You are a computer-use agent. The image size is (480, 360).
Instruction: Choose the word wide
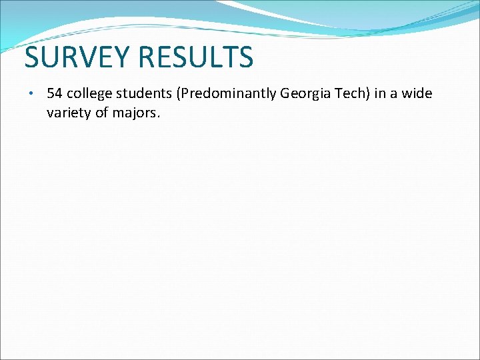417,93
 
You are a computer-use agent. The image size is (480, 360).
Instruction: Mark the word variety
68,113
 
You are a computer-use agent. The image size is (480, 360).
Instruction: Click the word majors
135,113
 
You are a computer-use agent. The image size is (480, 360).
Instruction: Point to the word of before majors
102,113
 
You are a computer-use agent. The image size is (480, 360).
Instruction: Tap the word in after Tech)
380,93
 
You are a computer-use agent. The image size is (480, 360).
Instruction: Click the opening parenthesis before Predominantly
177,94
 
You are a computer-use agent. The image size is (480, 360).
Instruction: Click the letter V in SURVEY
94,57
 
